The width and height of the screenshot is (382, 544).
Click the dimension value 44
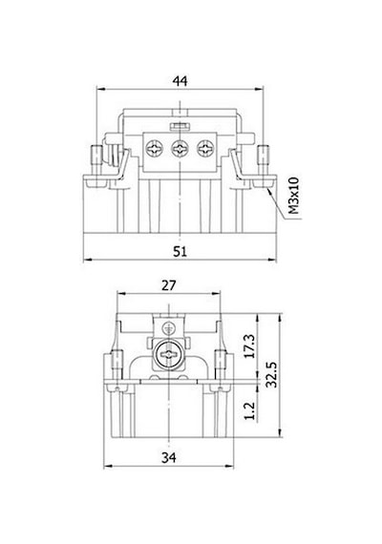tap(180, 81)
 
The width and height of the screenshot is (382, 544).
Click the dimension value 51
tap(180, 252)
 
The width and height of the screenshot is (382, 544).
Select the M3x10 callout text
tap(294, 196)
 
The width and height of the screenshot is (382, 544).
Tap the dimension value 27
tap(169, 285)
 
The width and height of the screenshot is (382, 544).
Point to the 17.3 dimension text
tap(249, 345)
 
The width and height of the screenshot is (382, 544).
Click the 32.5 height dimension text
tap(271, 374)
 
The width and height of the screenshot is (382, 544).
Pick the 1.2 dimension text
tap(249, 410)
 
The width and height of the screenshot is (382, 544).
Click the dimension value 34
tap(169, 458)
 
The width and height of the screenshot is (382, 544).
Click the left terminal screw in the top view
tap(154, 149)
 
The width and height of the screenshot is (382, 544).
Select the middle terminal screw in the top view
tap(180, 149)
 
